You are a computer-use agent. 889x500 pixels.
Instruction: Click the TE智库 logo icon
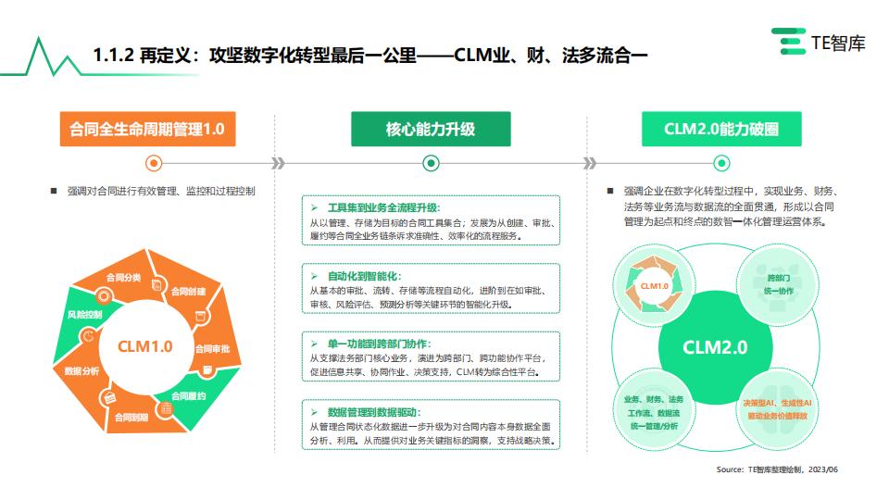789,42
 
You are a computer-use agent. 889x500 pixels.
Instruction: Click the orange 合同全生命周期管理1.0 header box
147,129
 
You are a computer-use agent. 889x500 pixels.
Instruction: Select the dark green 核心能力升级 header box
431,129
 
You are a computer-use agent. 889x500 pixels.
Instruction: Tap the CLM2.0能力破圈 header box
721,129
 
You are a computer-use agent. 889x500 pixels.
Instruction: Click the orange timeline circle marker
154,163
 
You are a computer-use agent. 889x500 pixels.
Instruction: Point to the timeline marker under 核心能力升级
431,163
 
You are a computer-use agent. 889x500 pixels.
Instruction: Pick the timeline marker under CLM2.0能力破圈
721,163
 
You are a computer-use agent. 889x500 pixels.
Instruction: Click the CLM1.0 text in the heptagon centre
144,346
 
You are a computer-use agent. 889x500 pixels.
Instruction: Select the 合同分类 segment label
123,277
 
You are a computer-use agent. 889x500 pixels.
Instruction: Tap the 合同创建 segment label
188,292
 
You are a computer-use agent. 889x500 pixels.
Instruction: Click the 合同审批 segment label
212,349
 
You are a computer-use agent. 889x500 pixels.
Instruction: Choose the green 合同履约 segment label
188,395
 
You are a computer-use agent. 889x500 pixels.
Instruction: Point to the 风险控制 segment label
84,314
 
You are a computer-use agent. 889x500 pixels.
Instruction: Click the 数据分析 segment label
81,370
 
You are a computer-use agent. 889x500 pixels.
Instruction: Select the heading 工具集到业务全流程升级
383,207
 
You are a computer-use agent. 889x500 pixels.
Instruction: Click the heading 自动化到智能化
365,276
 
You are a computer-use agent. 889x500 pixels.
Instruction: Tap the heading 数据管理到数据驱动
374,412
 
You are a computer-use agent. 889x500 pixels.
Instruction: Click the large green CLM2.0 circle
716,347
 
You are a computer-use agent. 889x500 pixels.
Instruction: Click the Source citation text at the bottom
777,469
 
